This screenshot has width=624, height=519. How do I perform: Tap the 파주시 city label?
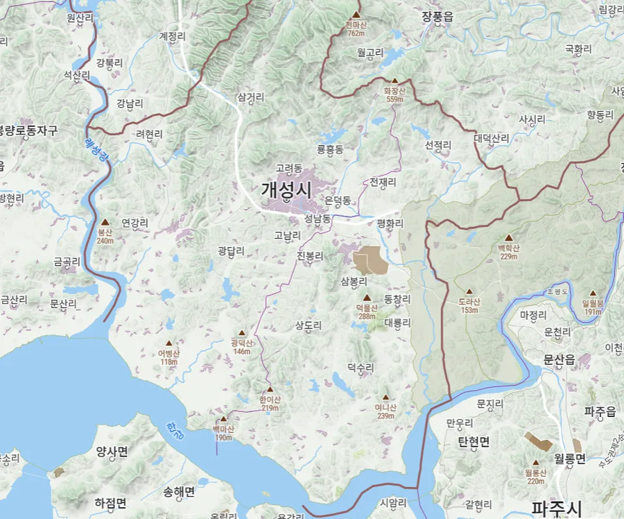pyautogui.click(x=556, y=508)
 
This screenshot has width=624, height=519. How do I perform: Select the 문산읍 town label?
pyautogui.click(x=560, y=359)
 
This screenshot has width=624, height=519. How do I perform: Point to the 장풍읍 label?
pyautogui.click(x=437, y=17)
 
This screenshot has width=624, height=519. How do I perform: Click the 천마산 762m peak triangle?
pyautogui.click(x=356, y=15)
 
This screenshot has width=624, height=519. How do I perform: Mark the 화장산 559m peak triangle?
pyautogui.click(x=395, y=80)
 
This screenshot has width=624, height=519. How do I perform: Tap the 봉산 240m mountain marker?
pyautogui.click(x=105, y=223)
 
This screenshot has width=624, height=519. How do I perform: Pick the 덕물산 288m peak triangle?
pyautogui.click(x=367, y=298)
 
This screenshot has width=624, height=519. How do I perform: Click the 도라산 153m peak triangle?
pyautogui.click(x=469, y=292)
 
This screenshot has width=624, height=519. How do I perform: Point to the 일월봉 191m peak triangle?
pyautogui.click(x=593, y=293)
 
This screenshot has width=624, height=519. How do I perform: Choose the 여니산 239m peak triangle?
pyautogui.click(x=385, y=398)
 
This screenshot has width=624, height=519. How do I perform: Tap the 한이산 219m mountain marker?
pyautogui.click(x=270, y=390)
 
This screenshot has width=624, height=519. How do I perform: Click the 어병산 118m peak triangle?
pyautogui.click(x=168, y=343)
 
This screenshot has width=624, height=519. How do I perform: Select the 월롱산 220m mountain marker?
pyautogui.click(x=535, y=463)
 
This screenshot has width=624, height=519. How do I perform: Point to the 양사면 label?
pyautogui.click(x=112, y=452)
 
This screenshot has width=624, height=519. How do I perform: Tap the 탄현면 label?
pyautogui.click(x=474, y=442)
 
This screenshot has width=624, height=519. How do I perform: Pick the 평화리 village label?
pyautogui.click(x=390, y=224)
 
